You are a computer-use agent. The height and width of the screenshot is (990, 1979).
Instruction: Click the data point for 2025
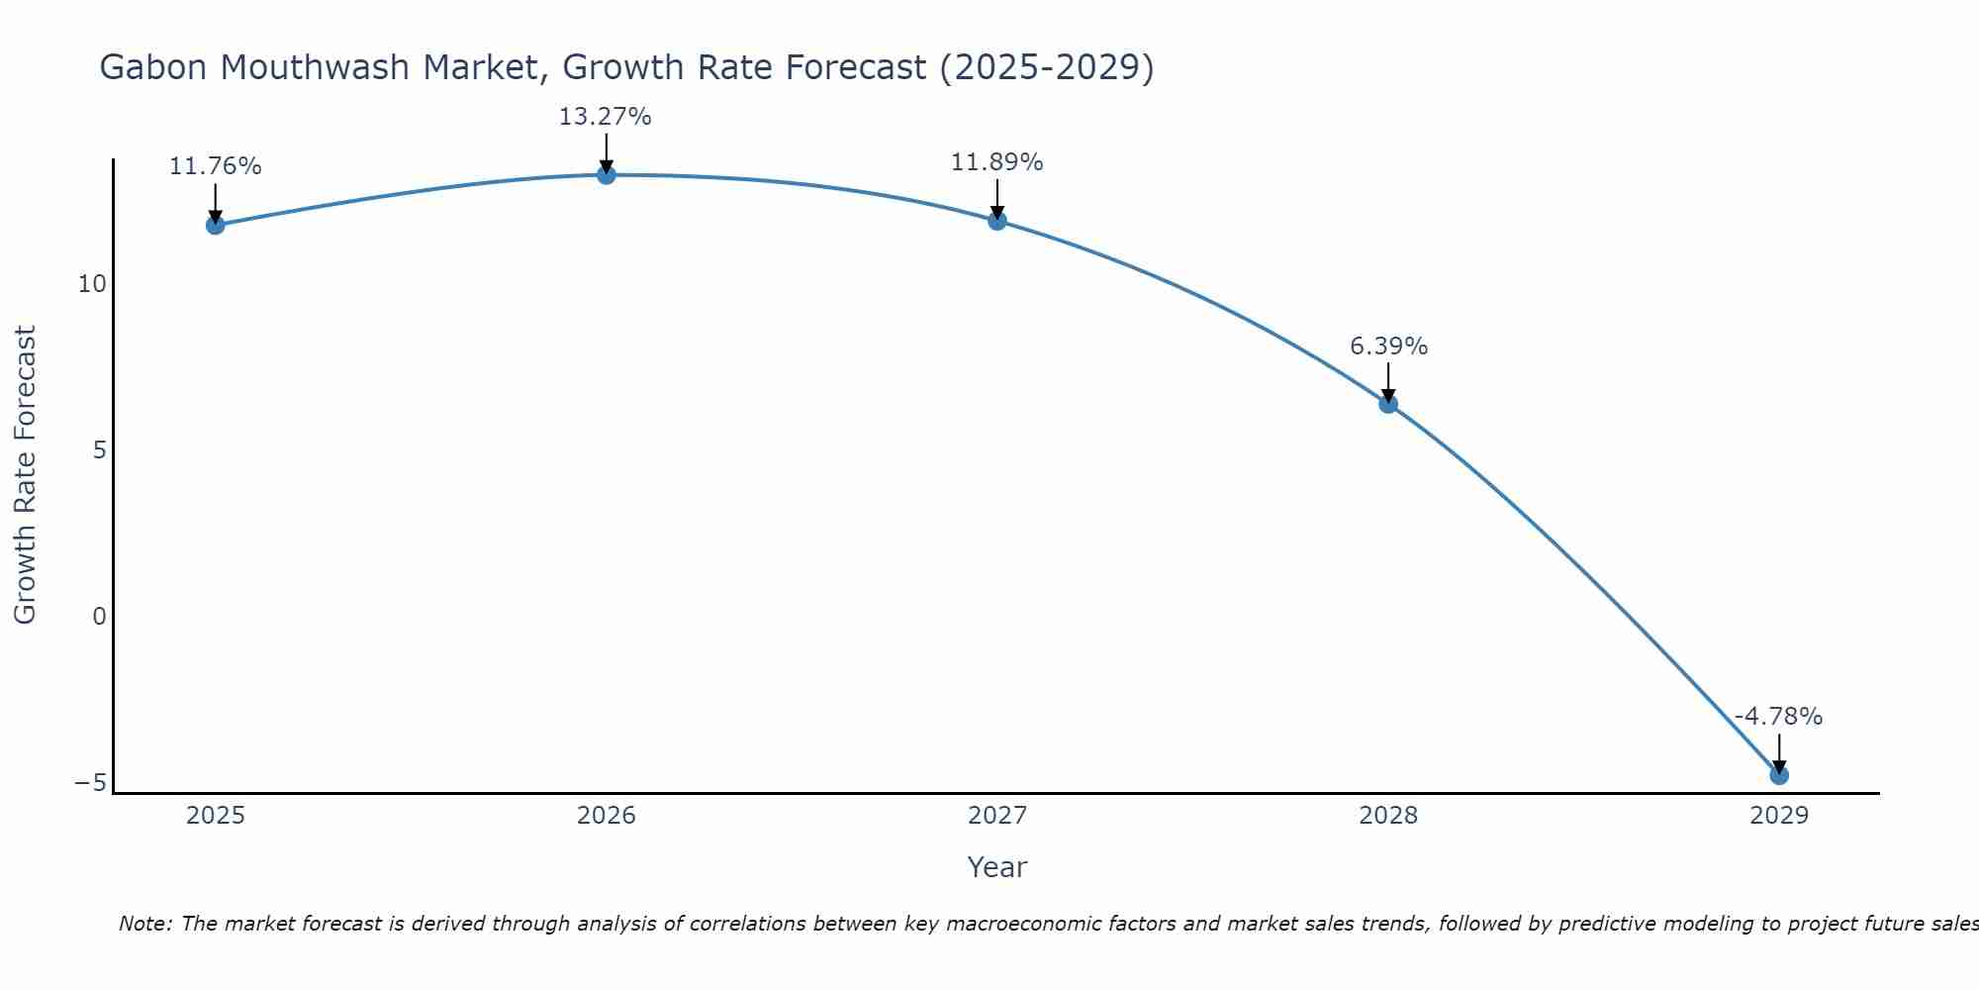click(215, 225)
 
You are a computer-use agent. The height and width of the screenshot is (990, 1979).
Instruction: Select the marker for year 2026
click(606, 175)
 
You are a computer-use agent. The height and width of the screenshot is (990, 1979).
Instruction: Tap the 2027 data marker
click(996, 221)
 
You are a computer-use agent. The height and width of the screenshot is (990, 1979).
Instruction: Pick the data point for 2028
click(1387, 404)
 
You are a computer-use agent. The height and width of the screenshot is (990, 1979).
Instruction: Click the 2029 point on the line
click(1778, 775)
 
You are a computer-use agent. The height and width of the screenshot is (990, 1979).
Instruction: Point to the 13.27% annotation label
click(605, 117)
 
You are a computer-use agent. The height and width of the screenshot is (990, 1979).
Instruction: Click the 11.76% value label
click(215, 166)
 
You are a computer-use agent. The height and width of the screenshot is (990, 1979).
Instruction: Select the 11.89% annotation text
click(996, 162)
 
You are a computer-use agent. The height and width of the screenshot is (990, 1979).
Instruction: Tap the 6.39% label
click(1388, 346)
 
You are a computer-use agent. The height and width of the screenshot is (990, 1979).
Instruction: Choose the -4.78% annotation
click(1778, 717)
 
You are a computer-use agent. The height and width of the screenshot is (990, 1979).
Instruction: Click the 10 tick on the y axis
click(92, 284)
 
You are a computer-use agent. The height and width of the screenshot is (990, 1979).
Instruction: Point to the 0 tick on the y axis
click(99, 617)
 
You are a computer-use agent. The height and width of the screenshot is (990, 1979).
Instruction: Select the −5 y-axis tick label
click(90, 783)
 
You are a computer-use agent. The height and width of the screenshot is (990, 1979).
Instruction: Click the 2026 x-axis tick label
click(606, 816)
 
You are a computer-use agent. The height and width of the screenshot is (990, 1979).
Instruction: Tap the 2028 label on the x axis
click(1387, 816)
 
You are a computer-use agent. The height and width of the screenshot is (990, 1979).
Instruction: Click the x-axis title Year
click(996, 867)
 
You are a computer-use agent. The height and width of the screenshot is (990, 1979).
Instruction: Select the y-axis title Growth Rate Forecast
click(25, 475)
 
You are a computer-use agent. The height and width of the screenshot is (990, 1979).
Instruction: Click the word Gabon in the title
click(153, 68)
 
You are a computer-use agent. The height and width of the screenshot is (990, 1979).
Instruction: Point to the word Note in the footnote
click(145, 924)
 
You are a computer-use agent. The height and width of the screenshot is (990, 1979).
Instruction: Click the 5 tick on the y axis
click(99, 450)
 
